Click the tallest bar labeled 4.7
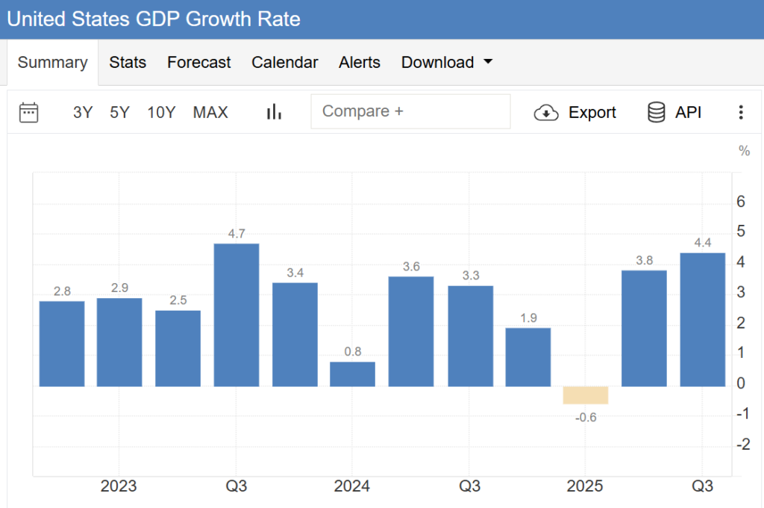pos(237,315)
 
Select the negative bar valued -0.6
pos(586,395)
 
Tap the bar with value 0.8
pos(352,374)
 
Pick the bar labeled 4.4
pos(702,319)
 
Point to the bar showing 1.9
pos(527,356)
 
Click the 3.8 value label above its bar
pos(644,261)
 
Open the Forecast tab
pos(199,63)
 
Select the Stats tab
pos(128,63)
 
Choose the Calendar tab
pos(285,63)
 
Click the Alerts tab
pos(360,63)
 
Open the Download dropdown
pos(447,63)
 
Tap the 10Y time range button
pos(161,112)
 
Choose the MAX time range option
pos(210,112)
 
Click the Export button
pos(575,112)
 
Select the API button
pos(674,112)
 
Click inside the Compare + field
pos(410,111)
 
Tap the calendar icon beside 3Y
pos(29,112)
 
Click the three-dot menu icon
pos(741,112)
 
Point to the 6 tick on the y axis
pos(741,201)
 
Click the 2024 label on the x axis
pos(351,486)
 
